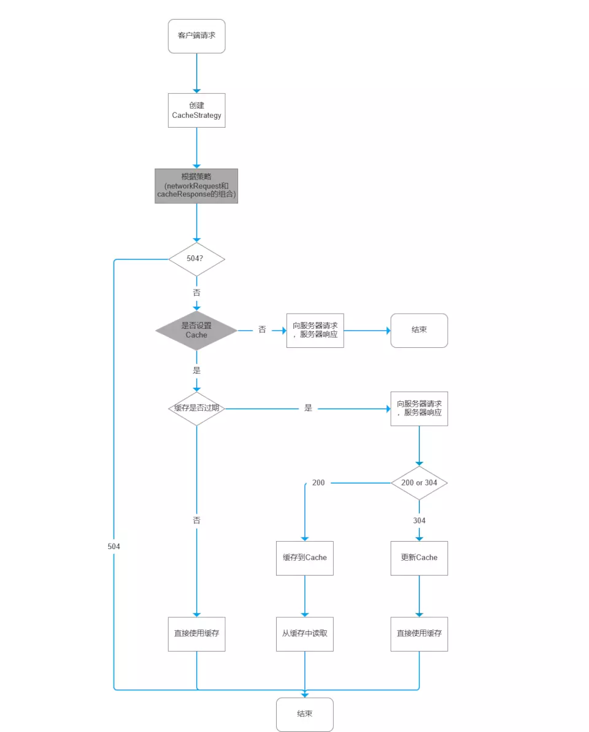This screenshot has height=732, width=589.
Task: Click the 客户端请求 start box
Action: point(196,36)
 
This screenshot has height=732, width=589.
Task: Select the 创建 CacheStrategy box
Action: point(196,110)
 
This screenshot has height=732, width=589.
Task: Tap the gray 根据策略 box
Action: point(196,186)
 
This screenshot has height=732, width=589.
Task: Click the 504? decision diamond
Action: point(196,259)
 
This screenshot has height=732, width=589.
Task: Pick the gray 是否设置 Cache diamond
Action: point(196,330)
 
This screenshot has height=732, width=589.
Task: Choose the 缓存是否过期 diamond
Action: point(196,408)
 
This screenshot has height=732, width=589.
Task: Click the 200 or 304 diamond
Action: point(419,483)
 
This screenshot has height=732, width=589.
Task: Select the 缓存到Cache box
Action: point(305,558)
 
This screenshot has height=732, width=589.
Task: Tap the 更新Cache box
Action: point(419,558)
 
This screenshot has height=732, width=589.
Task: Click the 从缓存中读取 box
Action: point(305,633)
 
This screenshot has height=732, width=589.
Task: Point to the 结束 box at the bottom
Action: point(305,714)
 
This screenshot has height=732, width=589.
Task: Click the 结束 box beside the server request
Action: point(419,330)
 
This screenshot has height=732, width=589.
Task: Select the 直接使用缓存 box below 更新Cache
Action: point(419,633)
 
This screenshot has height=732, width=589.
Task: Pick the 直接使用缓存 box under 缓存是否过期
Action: point(196,633)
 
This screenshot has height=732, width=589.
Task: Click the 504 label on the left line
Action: point(114,546)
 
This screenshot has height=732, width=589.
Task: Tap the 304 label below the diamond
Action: point(419,520)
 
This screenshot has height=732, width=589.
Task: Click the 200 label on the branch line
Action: point(318,483)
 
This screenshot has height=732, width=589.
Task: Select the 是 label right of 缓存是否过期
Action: point(308,408)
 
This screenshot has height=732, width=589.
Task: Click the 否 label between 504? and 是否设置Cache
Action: point(196,293)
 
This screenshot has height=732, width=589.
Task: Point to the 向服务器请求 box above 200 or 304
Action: point(419,408)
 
